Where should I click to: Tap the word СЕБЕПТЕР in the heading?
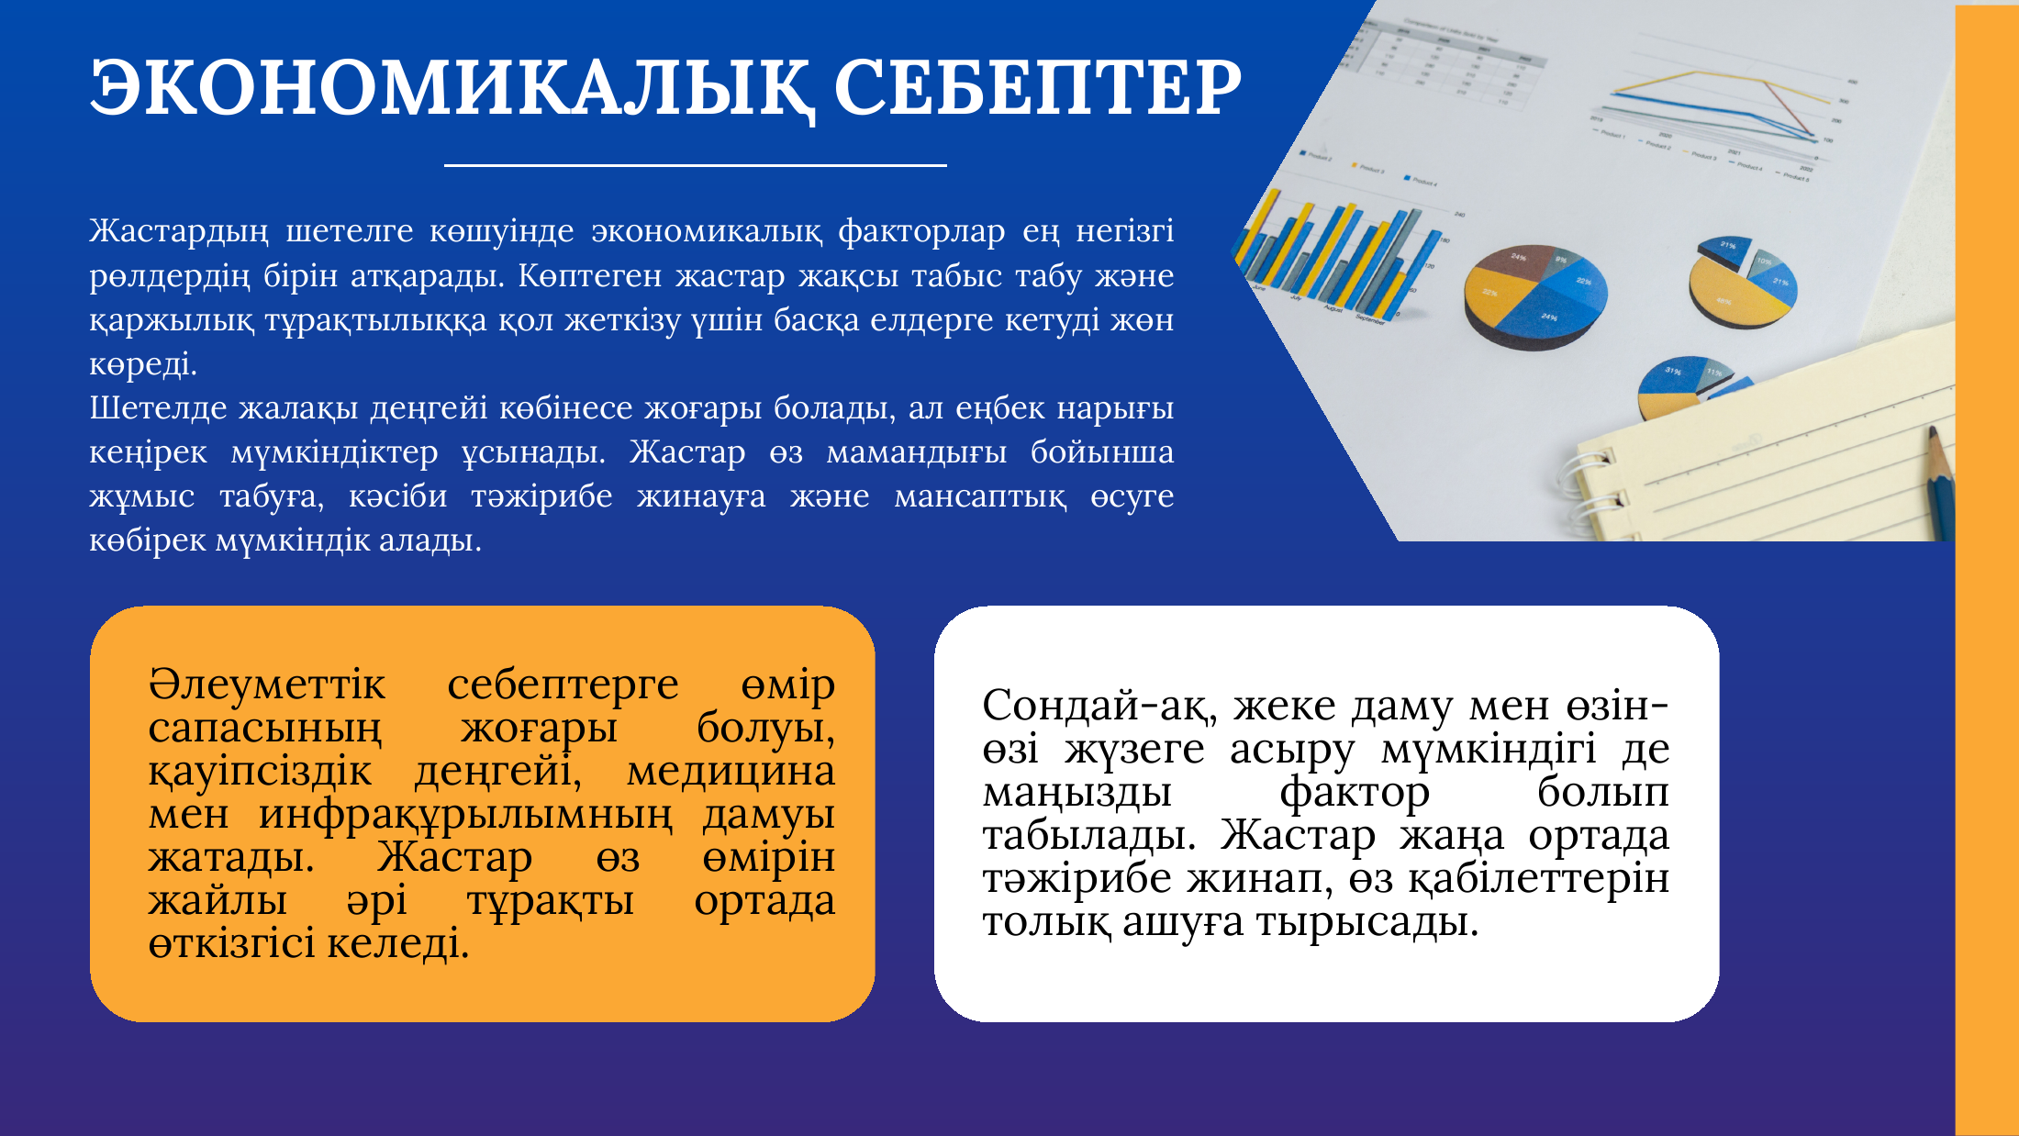[x=1038, y=87]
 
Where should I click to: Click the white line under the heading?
[x=695, y=165]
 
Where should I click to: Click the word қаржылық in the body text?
[x=172, y=320]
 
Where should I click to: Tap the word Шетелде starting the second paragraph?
[x=158, y=407]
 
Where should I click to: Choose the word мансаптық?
[x=980, y=496]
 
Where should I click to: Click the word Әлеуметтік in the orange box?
[x=267, y=685]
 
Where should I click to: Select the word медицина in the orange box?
[x=731, y=772]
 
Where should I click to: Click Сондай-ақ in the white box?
[x=1099, y=707]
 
